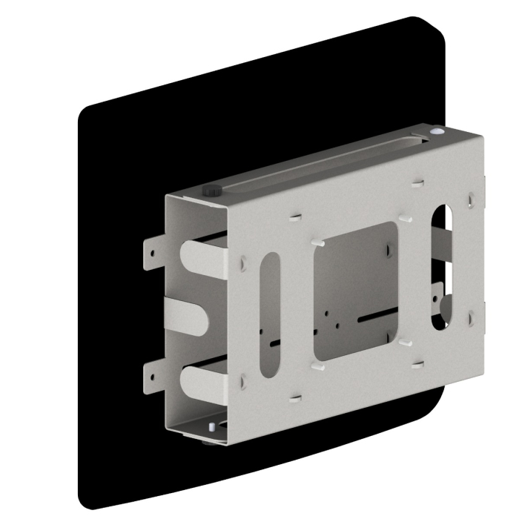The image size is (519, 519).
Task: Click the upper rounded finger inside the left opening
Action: point(196,257)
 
